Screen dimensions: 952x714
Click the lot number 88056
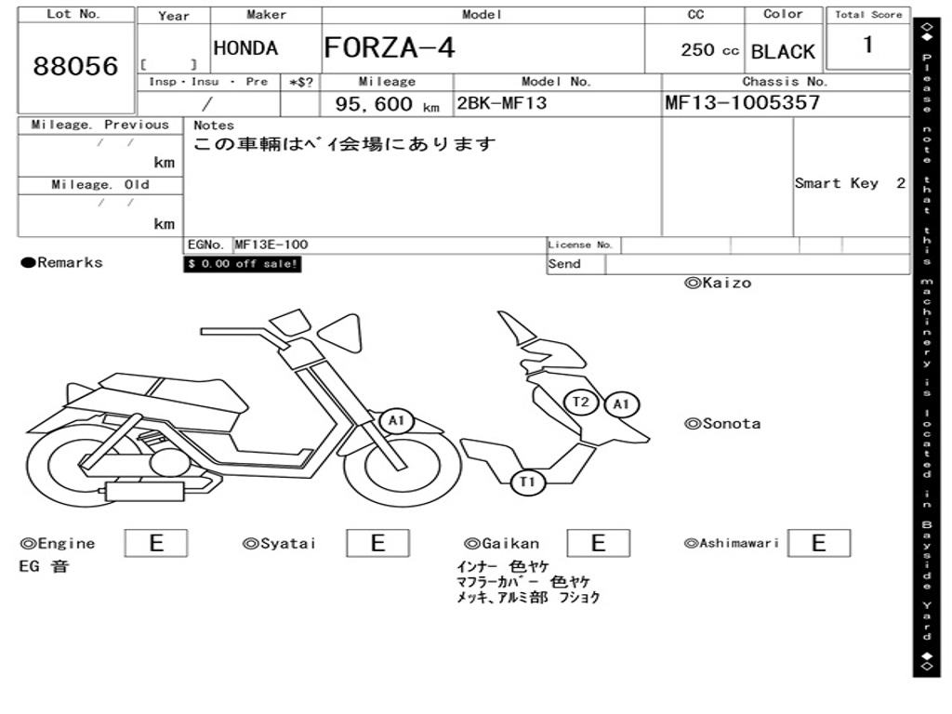[x=76, y=66]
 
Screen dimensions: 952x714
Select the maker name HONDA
[x=245, y=48]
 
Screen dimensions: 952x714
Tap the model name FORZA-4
[x=390, y=47]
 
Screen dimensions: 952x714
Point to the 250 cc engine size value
[x=709, y=50]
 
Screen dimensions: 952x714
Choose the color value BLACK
[x=783, y=52]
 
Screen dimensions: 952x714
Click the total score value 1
[x=867, y=45]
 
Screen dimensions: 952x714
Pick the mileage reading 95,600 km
[x=387, y=104]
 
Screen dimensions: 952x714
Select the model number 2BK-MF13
[x=500, y=103]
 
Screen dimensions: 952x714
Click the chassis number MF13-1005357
[x=742, y=102]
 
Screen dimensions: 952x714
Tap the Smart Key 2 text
[x=850, y=183]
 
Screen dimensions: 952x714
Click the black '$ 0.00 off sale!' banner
[x=243, y=264]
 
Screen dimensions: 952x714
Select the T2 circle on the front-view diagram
[x=581, y=402]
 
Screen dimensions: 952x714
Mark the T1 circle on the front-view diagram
[x=527, y=482]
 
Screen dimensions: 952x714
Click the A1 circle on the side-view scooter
[x=397, y=421]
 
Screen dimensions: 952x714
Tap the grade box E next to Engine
[x=156, y=543]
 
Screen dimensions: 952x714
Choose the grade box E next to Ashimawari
[x=818, y=543]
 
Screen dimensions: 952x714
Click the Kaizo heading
[x=718, y=283]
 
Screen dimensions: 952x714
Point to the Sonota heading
[x=722, y=424]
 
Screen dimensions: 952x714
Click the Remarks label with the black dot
[x=62, y=263]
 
